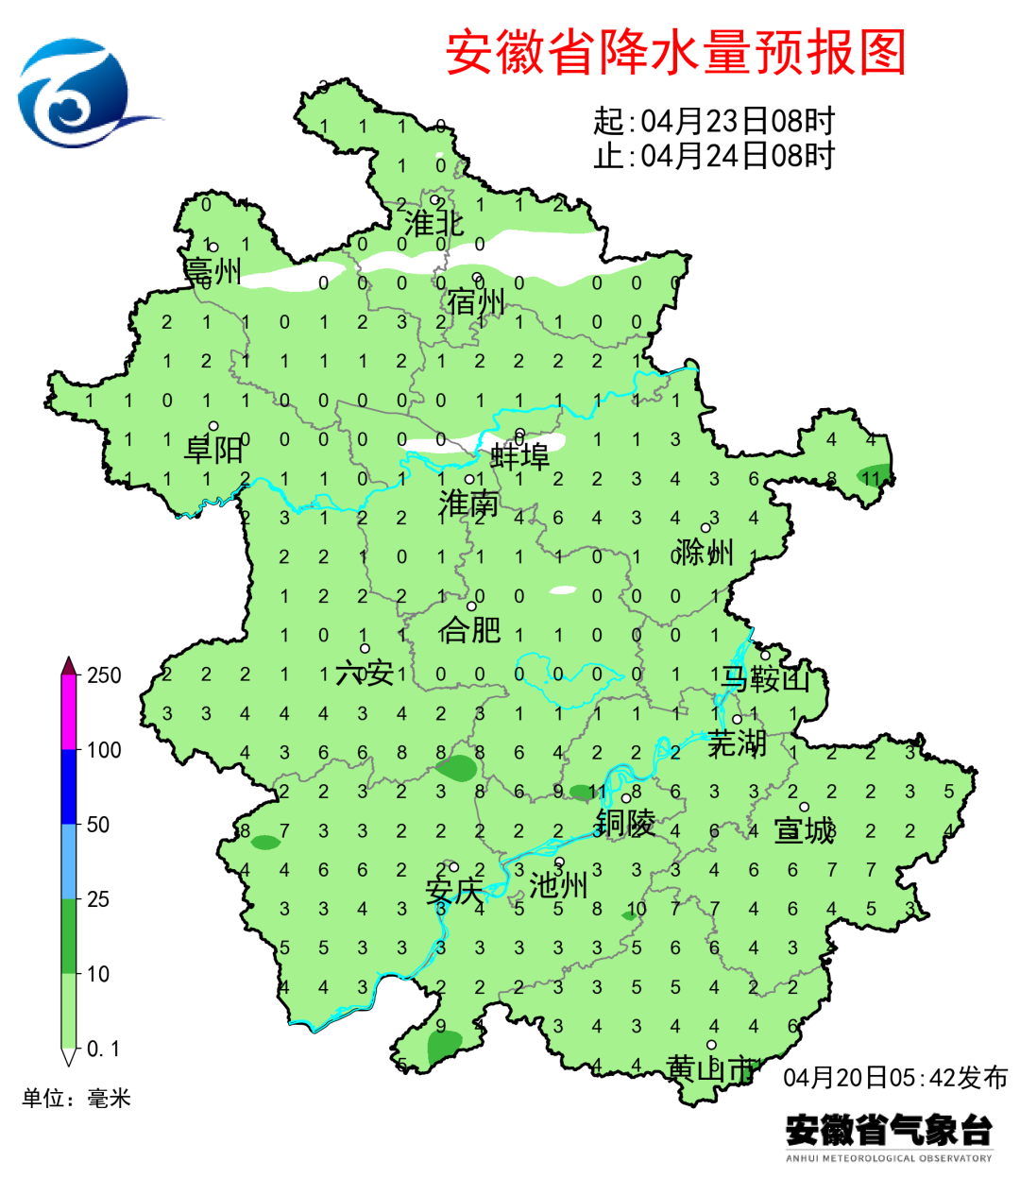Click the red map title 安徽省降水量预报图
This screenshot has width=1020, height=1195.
tap(676, 53)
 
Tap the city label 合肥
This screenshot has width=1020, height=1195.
tap(469, 628)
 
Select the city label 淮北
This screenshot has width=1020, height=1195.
tap(434, 224)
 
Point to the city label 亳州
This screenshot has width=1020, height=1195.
tap(213, 271)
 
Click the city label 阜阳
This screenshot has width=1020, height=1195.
tap(213, 449)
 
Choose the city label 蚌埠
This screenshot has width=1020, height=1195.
tap(519, 457)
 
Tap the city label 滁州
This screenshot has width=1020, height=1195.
tap(705, 552)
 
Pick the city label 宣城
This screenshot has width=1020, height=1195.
tap(804, 831)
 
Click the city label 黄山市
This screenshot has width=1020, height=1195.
tap(711, 1069)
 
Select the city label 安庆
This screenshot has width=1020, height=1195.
tap(454, 891)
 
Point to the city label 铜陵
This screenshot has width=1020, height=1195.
tap(624, 823)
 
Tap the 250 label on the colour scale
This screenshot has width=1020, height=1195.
tap(104, 675)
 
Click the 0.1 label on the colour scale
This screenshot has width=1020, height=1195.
tap(103, 1050)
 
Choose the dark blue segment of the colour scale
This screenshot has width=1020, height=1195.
tap(68, 787)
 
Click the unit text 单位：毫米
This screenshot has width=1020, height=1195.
tap(76, 1098)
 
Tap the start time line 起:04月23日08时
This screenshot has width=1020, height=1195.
tap(714, 121)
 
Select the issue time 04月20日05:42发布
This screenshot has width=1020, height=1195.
tap(895, 1078)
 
